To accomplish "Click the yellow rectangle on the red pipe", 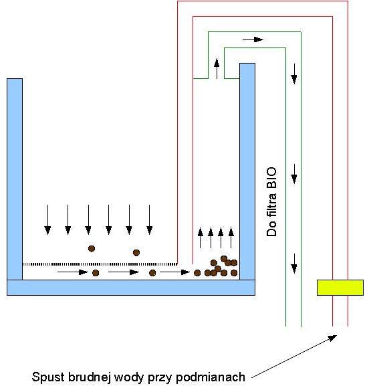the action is pyautogui.click(x=340, y=287).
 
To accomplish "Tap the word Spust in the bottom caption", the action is pyautogui.click(x=47, y=377).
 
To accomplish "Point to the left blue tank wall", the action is pyautogui.click(x=15, y=179).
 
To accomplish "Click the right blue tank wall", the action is pyautogui.click(x=247, y=171).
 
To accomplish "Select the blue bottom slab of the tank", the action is pyautogui.click(x=131, y=288).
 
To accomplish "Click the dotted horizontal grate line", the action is pyautogui.click(x=100, y=264).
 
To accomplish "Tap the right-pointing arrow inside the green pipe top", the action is pyautogui.click(x=253, y=39).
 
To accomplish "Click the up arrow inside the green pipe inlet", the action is pyautogui.click(x=217, y=69).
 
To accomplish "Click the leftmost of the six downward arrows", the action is pyautogui.click(x=47, y=219).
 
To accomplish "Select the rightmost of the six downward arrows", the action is pyautogui.click(x=150, y=219).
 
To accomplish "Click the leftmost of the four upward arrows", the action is pyautogui.click(x=201, y=237).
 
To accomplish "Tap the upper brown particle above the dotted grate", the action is pyautogui.click(x=92, y=249).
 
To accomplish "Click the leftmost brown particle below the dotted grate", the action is pyautogui.click(x=96, y=273).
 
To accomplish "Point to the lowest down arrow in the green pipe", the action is pyautogui.click(x=294, y=264).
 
